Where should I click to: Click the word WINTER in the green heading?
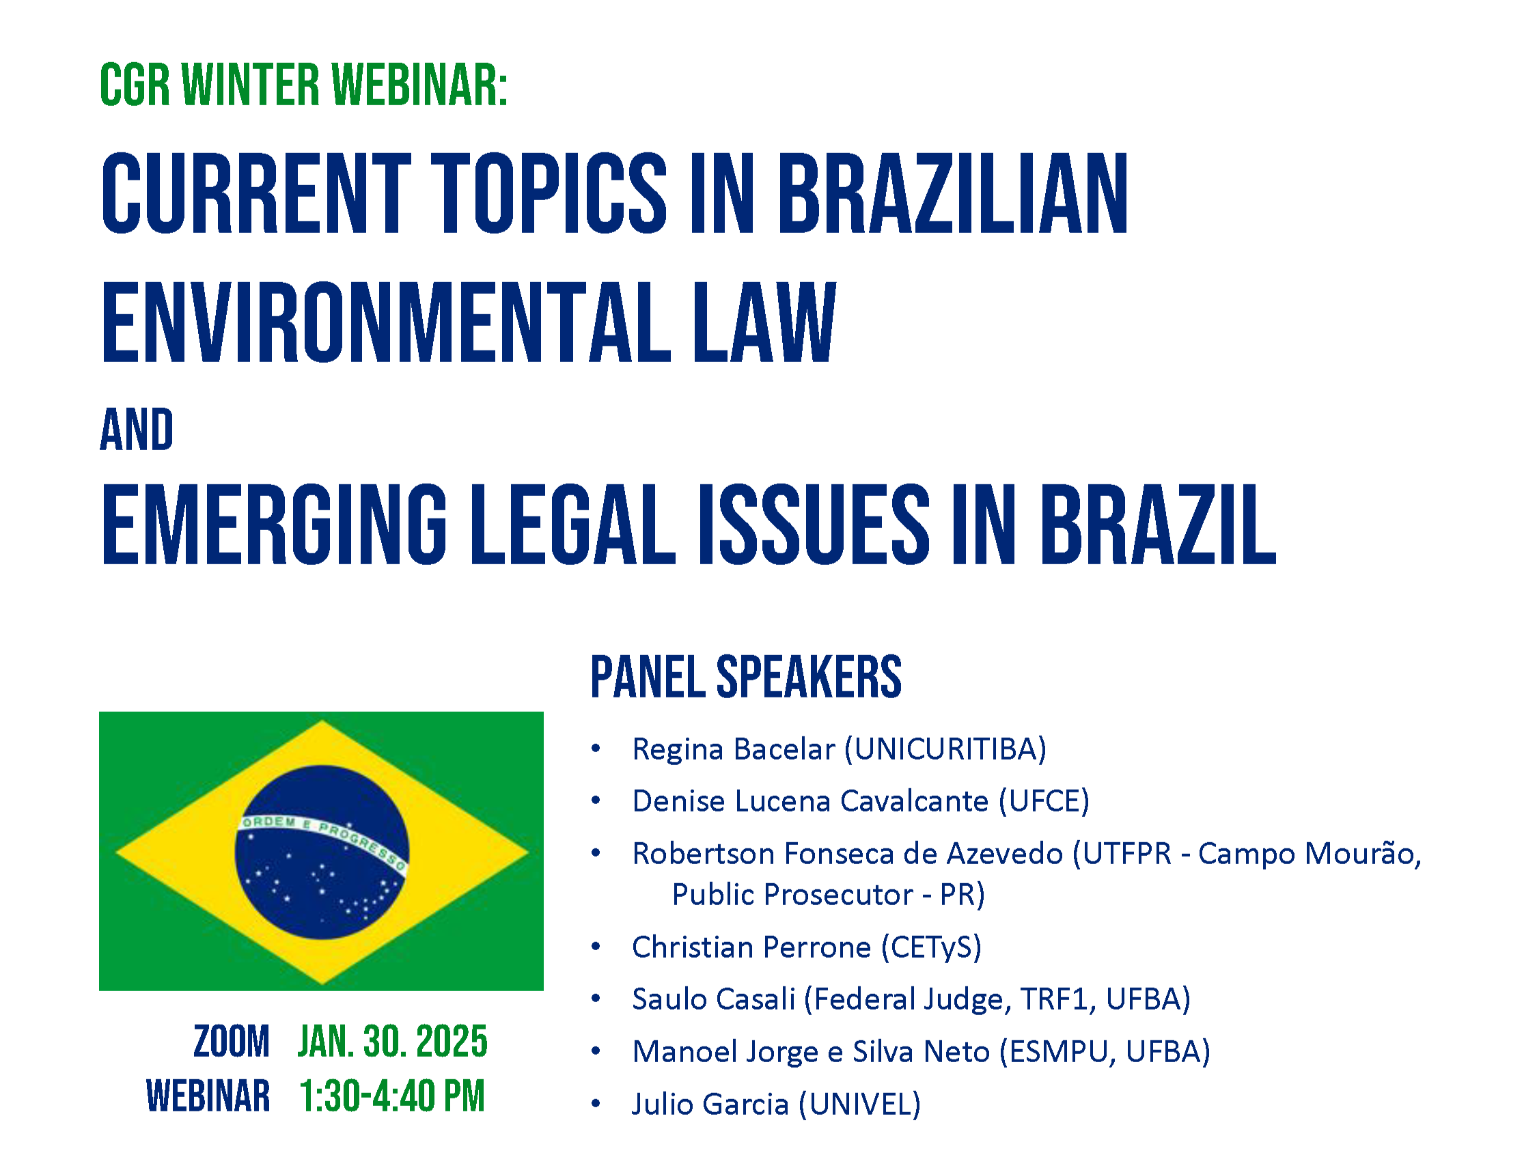click(249, 85)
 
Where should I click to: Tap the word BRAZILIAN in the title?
click(954, 193)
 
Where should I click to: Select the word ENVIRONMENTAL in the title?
click(387, 322)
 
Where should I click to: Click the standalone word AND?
click(137, 430)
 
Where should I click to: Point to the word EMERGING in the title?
click(275, 524)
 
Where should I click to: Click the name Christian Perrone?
click(751, 947)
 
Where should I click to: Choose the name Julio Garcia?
click(710, 1105)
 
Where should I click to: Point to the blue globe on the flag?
click(322, 852)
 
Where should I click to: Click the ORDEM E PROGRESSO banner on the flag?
click(324, 837)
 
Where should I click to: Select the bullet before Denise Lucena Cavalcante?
click(596, 801)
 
